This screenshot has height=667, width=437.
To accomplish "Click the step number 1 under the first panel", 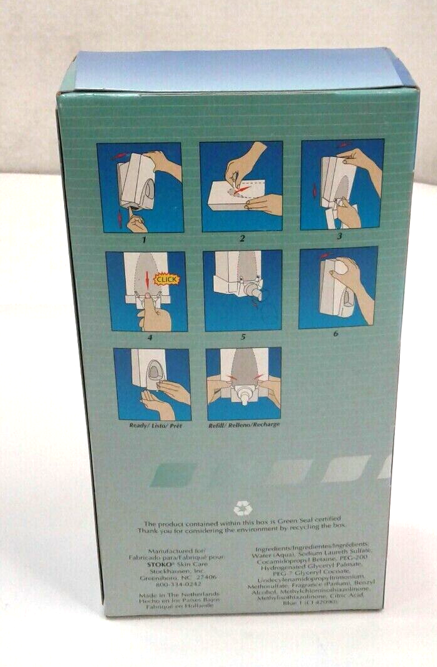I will (x=144, y=239).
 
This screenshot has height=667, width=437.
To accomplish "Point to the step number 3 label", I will (x=340, y=237).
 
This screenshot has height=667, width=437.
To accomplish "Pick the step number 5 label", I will (x=243, y=338).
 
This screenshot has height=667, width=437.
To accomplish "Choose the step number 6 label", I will (x=336, y=334).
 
